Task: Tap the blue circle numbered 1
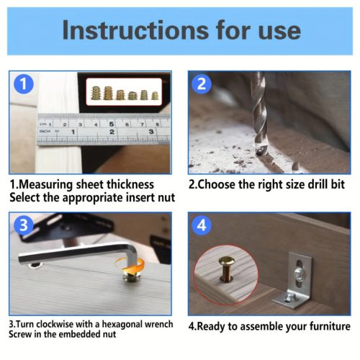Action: click(24, 84)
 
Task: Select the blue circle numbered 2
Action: click(202, 84)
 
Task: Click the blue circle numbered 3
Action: click(24, 225)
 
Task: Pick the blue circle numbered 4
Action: click(202, 225)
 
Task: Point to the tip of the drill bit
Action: click(258, 153)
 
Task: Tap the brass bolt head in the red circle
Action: click(226, 261)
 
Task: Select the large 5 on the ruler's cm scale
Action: click(111, 124)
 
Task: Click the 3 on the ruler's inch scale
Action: click(151, 132)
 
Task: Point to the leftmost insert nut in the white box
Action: click(96, 93)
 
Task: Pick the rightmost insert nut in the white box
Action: click(155, 96)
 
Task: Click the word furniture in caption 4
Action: click(330, 326)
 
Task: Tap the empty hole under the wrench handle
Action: click(35, 265)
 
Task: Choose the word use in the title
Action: click(279, 32)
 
